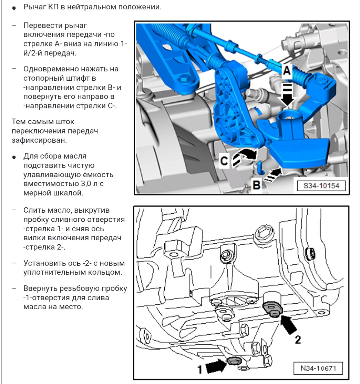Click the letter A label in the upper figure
[x=287, y=71]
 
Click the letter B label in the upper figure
[x=256, y=185]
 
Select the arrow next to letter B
[x=272, y=174]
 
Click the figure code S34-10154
[x=321, y=185]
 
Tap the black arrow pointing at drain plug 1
[x=216, y=365]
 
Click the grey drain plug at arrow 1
[x=234, y=361]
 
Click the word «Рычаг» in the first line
[x=35, y=7]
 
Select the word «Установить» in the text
[x=43, y=263]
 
